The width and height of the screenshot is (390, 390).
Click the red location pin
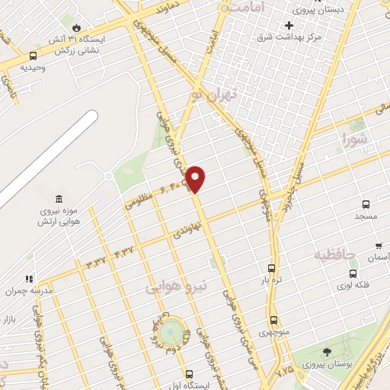coord(197,179)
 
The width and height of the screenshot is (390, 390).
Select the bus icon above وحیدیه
coord(32,56)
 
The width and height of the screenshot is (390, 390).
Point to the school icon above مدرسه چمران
coord(29,280)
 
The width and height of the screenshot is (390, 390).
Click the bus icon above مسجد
coord(366,204)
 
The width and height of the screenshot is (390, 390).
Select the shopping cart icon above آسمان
coord(379,246)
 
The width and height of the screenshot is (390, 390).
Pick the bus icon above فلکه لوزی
coord(353,273)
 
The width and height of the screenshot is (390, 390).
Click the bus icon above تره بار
coord(271,268)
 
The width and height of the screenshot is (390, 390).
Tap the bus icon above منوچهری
coord(273,320)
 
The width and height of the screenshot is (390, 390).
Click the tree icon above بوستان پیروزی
coord(327,351)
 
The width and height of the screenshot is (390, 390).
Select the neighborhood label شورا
coord(355,140)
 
